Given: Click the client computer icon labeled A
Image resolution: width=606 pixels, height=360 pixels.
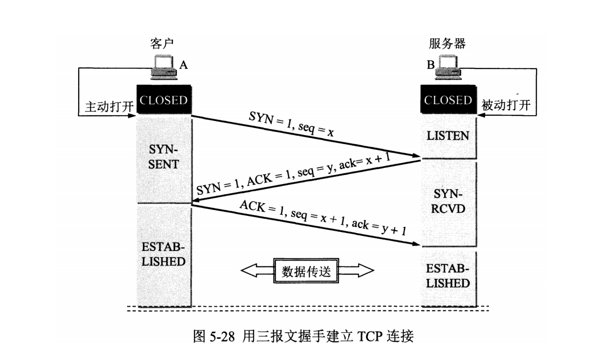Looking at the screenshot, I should tap(164, 67).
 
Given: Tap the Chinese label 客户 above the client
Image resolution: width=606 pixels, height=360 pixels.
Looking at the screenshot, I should tap(162, 44).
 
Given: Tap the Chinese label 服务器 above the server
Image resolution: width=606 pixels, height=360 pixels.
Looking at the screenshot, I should tap(447, 44).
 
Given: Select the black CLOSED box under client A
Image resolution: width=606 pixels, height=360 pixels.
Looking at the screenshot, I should tap(164, 100).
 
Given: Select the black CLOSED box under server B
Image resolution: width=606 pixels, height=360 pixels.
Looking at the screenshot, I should tap(448, 100).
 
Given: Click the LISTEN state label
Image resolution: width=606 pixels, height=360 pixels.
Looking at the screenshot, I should tap(448, 136).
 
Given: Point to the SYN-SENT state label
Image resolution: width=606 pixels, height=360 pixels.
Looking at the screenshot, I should tap(163, 157).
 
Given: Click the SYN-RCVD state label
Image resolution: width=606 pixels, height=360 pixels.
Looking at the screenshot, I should tap(448, 201).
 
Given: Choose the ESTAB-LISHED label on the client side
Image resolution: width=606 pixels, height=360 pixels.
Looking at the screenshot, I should tap(163, 254).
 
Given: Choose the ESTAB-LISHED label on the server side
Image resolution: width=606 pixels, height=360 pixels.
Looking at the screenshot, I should tap(448, 276).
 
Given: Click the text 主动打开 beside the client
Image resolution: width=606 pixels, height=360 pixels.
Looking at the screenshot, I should tap(109, 107).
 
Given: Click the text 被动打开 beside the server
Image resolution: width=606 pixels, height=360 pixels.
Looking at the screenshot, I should tap(506, 105).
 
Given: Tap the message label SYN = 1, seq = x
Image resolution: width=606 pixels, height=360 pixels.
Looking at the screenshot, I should tap(291, 124).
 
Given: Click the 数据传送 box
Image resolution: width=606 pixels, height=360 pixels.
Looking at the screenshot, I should tap(306, 271).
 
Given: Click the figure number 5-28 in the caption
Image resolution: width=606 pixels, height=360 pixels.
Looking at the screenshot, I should tap(222, 336).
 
